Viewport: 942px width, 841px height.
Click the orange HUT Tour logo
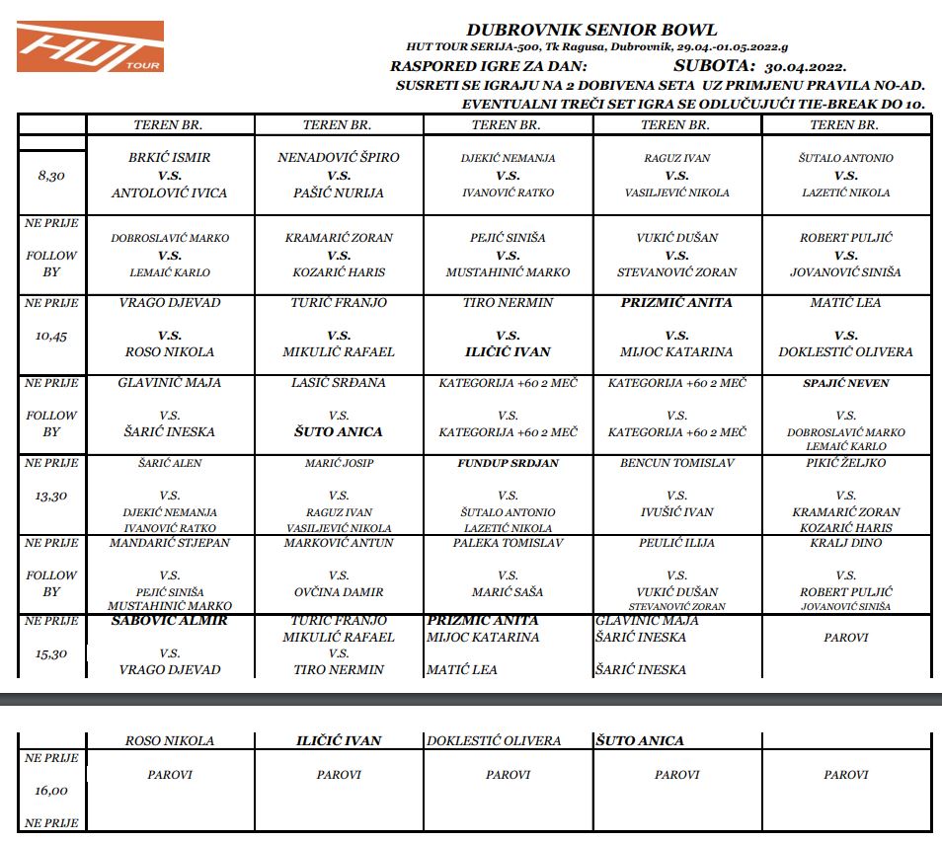(x=90, y=46)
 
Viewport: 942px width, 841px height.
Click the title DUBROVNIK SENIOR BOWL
(x=591, y=31)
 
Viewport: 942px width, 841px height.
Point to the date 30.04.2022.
(x=805, y=67)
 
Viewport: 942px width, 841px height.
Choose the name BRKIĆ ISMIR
(x=170, y=157)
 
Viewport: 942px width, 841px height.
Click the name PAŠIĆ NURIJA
(x=339, y=192)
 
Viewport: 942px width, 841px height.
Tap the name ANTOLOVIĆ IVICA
(x=170, y=192)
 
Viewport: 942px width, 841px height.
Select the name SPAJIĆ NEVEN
(x=846, y=383)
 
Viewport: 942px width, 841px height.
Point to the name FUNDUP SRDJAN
(x=508, y=463)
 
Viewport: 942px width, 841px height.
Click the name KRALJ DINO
(x=846, y=543)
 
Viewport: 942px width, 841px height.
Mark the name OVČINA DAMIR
(x=339, y=592)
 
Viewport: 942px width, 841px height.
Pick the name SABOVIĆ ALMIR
(x=170, y=621)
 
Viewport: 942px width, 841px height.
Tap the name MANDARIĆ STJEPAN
(x=170, y=543)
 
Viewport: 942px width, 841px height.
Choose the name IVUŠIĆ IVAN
(x=676, y=512)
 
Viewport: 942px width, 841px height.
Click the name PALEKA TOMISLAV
(x=508, y=543)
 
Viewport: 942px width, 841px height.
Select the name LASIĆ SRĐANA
(x=339, y=382)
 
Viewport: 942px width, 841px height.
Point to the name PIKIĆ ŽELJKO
(x=846, y=463)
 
